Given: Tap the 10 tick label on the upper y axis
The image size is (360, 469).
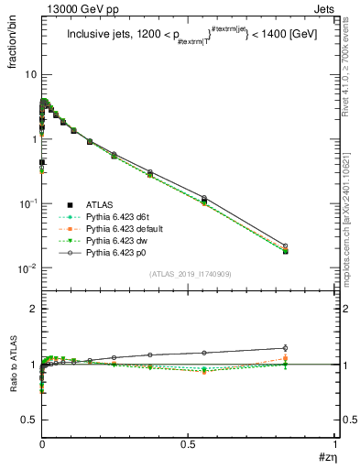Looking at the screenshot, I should pos(30,74).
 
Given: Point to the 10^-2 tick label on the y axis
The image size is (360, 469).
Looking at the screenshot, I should pos(27,268).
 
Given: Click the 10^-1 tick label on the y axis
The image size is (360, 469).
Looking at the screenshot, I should pos(27,203).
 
